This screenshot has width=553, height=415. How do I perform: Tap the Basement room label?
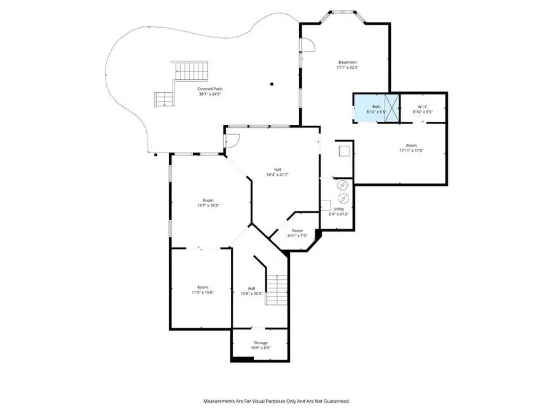point(347,62)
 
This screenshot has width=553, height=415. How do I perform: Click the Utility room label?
point(339,209)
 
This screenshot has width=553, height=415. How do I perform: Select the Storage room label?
point(261,342)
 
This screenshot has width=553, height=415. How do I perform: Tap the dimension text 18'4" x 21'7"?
point(277,175)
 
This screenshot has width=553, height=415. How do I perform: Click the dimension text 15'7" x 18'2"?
point(208,205)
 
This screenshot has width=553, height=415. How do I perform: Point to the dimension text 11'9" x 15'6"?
point(202,293)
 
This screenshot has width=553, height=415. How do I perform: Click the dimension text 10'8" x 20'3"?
point(251,293)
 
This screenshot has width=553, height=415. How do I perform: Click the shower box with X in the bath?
point(391,108)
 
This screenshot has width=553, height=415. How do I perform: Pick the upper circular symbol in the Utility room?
point(343,184)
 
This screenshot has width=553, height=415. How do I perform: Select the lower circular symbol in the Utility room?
point(343,197)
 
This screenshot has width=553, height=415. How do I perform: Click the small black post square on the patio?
point(271,84)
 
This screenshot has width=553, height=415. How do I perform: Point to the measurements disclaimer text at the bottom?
point(276,401)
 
